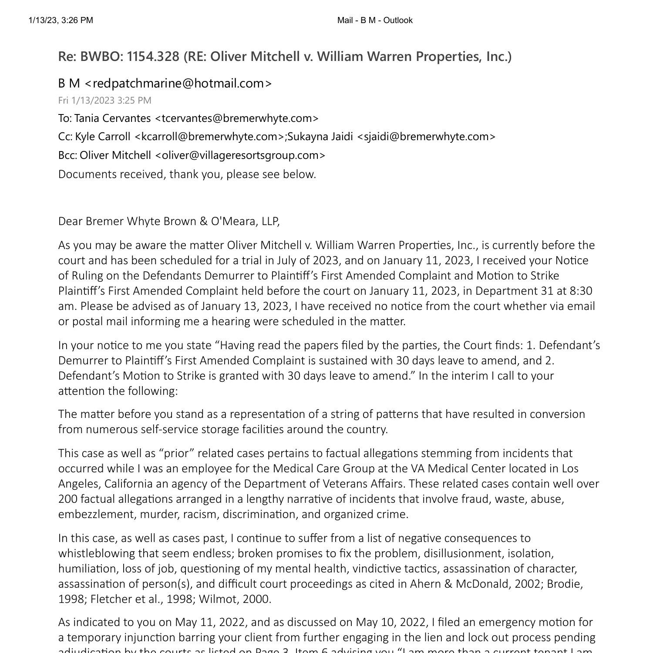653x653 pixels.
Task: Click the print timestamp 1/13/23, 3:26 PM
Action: coord(61,20)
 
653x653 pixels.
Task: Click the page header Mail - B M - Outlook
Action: coord(375,20)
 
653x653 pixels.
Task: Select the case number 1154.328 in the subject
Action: coord(153,56)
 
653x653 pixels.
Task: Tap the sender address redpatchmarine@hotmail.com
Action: coord(182,83)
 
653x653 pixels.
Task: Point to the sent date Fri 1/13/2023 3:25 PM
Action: coord(105,100)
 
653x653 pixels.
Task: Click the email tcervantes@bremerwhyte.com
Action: coord(237,118)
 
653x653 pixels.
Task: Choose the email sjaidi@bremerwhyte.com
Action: coord(426,136)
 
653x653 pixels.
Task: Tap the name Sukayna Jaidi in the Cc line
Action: coord(320,136)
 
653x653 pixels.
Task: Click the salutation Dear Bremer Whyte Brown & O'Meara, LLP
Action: coord(169,221)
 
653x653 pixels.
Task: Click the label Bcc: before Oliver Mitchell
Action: coord(68,155)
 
